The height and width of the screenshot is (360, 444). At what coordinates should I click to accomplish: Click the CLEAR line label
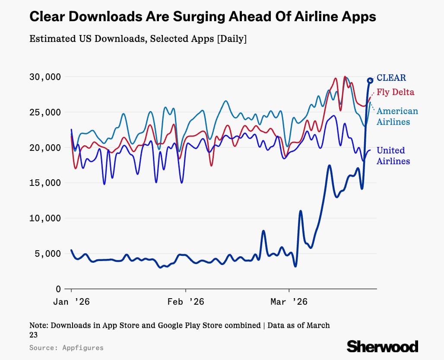391,78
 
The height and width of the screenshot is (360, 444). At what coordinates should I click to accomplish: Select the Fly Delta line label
395,92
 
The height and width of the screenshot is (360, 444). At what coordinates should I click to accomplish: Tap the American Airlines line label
397,116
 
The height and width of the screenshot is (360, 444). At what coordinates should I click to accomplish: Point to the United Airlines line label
393,156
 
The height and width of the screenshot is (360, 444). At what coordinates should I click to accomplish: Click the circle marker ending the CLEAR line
370,80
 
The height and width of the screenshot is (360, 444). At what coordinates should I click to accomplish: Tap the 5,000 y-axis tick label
46,253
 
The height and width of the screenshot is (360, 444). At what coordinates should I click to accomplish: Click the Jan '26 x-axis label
71,302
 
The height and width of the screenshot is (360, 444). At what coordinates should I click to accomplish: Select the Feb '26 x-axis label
186,302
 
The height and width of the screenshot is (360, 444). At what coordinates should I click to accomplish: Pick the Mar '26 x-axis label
289,302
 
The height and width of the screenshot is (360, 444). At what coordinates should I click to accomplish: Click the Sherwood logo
382,346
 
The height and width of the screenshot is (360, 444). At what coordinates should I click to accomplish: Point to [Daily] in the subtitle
232,38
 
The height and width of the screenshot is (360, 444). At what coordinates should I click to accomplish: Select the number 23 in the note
33,335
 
